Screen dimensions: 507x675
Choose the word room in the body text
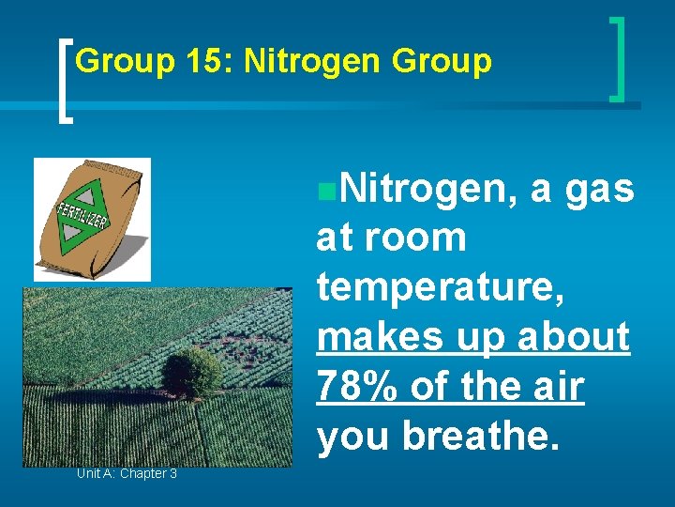click(415, 238)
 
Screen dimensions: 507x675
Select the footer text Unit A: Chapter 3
click(127, 473)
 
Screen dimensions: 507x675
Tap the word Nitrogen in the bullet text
click(427, 188)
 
